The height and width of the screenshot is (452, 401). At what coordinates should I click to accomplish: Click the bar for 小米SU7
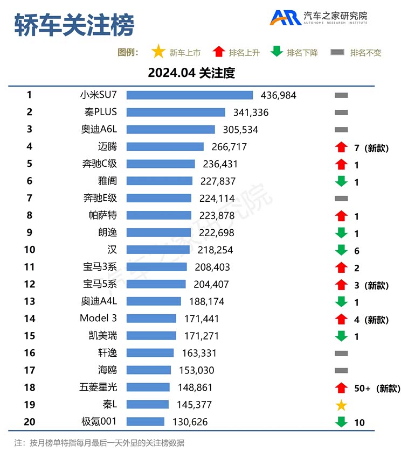click(190, 95)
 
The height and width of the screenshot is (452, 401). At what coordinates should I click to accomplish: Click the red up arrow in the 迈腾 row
click(341, 147)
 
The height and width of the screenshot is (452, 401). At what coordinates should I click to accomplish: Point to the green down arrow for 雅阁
click(341, 182)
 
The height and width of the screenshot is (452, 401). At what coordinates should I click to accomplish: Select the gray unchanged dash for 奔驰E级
click(341, 199)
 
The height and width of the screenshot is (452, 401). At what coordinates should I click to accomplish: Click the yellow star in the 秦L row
click(341, 405)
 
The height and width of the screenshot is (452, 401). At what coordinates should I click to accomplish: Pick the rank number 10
click(30, 250)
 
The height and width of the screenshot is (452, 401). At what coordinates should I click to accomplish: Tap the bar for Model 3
click(151, 319)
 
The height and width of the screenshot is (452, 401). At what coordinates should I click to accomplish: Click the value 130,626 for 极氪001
click(189, 422)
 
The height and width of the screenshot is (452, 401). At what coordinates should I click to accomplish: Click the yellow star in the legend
click(158, 52)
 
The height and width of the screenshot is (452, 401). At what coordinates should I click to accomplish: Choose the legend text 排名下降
click(302, 53)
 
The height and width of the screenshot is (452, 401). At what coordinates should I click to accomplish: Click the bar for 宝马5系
click(156, 284)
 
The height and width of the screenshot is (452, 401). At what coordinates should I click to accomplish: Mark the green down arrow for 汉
click(341, 250)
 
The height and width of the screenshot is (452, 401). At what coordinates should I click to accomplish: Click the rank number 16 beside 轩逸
click(30, 353)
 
